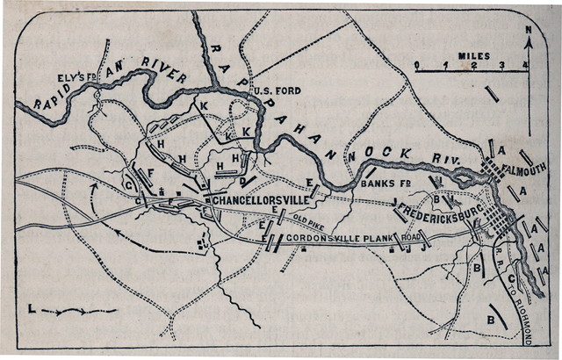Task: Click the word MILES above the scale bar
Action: tap(472, 55)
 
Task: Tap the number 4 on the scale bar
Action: tap(525, 66)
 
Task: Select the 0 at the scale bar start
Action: tap(417, 66)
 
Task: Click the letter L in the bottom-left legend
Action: tap(32, 309)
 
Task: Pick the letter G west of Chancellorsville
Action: tap(129, 184)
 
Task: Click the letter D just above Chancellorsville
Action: tap(241, 183)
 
